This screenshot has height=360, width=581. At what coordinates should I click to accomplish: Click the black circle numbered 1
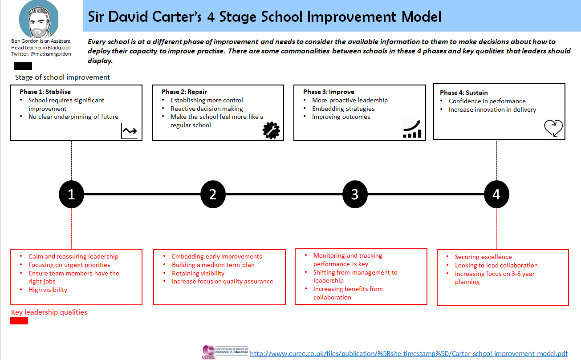click(71, 194)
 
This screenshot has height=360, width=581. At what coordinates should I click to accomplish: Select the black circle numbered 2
click(213, 194)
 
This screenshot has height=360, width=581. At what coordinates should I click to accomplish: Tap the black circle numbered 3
click(355, 194)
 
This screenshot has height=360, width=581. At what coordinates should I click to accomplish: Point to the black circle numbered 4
click(496, 194)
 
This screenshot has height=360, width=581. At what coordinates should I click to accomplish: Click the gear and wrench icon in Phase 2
click(271, 130)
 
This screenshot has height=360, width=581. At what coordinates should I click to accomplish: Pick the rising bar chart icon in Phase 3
click(412, 129)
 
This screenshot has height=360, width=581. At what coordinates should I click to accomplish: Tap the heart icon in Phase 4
click(553, 128)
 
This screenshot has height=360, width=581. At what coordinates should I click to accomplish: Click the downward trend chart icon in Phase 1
click(130, 131)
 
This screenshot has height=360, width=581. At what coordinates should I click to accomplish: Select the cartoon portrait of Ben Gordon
click(39, 19)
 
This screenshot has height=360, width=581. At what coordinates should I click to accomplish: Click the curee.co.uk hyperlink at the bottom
click(409, 354)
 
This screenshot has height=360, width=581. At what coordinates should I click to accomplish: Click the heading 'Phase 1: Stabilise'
click(45, 92)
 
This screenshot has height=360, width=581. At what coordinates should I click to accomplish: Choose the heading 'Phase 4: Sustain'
click(463, 93)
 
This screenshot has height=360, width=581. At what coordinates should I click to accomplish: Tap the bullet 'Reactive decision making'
click(207, 109)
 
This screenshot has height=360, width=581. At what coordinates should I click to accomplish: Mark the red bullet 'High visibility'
click(48, 290)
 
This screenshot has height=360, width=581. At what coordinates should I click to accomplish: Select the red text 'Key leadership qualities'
click(49, 312)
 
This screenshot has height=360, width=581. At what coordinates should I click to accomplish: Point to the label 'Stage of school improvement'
click(62, 77)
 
